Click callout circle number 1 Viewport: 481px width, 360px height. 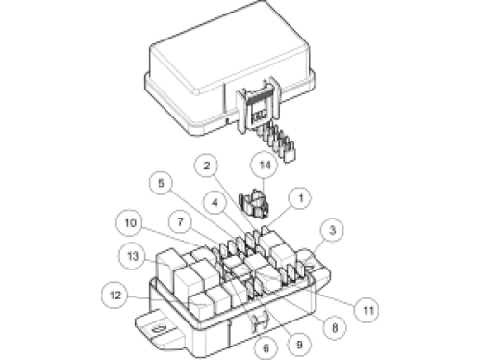tap(300, 198)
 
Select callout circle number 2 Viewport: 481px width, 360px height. tap(207, 166)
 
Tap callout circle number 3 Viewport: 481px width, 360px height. tap(332, 230)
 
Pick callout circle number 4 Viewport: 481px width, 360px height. tap(215, 202)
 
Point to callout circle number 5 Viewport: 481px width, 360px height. tap(162, 183)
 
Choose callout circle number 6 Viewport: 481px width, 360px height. tap(266, 348)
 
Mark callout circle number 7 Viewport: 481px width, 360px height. tap(181, 221)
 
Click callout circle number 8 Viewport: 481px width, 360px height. tap(335, 328)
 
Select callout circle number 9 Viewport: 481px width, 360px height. tap(299, 345)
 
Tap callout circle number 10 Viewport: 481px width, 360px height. tap(131, 222)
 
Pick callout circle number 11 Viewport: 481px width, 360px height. tap(368, 310)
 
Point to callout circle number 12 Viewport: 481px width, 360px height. tap(115, 296)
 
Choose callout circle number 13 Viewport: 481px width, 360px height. tap(133, 256)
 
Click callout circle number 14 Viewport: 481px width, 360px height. tap(265, 166)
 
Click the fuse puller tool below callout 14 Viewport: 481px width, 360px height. tap(255, 203)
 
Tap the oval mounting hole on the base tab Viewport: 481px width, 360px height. tap(159, 330)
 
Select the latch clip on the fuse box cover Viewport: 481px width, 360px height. tap(257, 104)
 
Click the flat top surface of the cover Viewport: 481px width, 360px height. tap(229, 48)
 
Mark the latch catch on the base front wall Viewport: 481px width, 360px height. tap(260, 321)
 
